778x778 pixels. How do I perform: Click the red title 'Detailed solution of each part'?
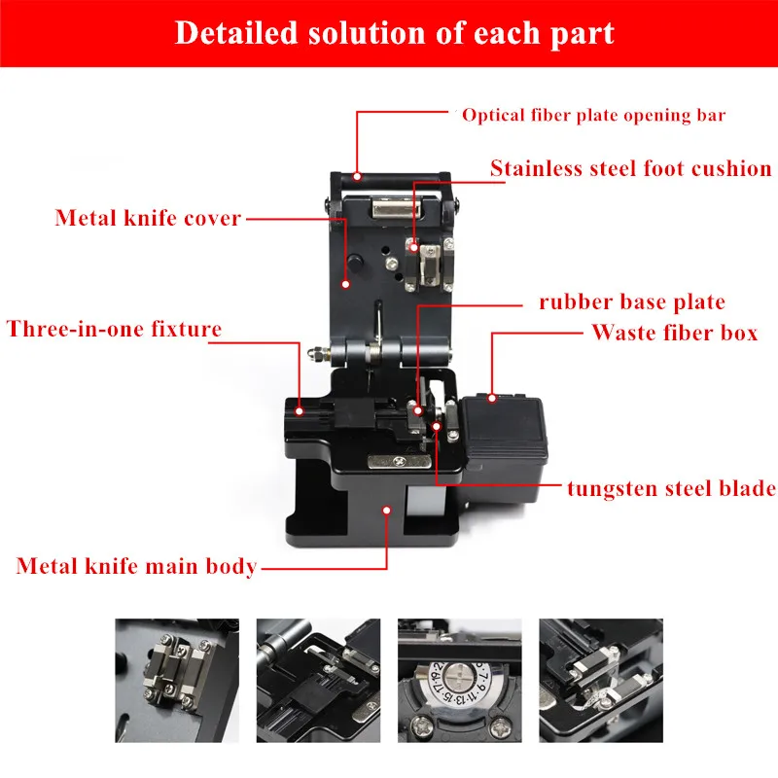click(x=395, y=33)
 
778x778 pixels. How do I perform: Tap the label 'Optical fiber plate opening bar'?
click(x=593, y=115)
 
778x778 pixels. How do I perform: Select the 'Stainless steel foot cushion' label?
click(x=630, y=168)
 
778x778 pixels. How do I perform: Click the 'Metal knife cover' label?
click(x=148, y=218)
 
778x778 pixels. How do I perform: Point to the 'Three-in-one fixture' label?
click(x=114, y=329)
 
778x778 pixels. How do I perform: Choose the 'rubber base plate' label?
click(x=632, y=301)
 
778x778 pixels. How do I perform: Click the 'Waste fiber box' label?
click(x=675, y=333)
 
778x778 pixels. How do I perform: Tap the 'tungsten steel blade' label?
click(x=672, y=488)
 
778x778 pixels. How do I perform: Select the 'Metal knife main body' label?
click(x=136, y=566)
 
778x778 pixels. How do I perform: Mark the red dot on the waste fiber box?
click(x=492, y=398)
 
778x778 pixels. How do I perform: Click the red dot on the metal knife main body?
click(x=386, y=510)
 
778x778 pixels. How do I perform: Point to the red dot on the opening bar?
click(x=357, y=176)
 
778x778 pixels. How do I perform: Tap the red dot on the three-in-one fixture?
click(x=300, y=410)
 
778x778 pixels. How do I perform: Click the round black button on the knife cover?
click(x=355, y=262)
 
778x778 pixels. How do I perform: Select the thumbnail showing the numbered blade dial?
click(x=459, y=680)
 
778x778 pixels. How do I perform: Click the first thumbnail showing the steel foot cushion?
click(x=177, y=680)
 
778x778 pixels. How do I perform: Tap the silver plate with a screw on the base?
click(x=400, y=461)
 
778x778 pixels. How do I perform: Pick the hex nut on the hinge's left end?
click(x=314, y=354)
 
